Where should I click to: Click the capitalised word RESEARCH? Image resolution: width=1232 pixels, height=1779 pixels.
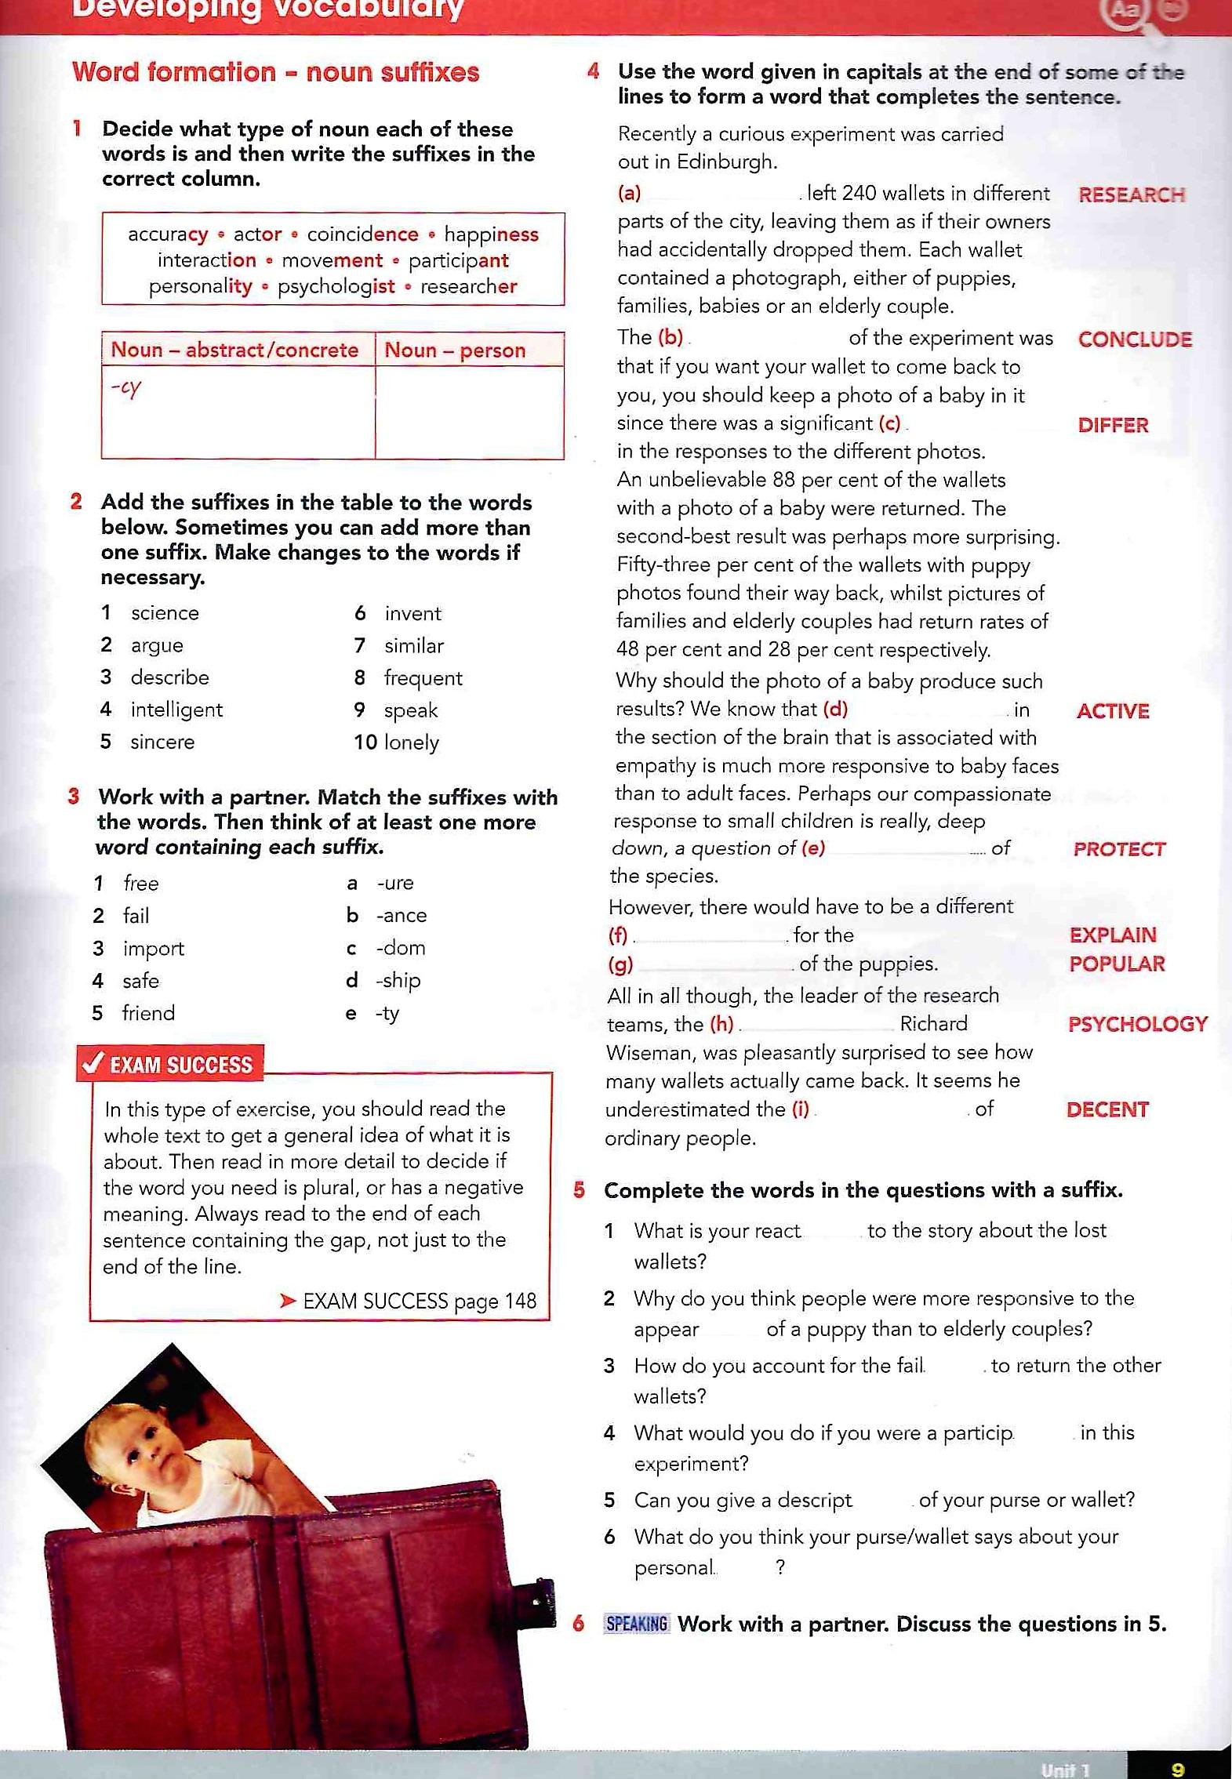pyautogui.click(x=1131, y=195)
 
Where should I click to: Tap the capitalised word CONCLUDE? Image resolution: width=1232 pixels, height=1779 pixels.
pyautogui.click(x=1134, y=339)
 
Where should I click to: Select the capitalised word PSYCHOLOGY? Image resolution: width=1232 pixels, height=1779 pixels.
pyautogui.click(x=1137, y=1024)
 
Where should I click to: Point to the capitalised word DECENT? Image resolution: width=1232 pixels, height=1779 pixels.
pyautogui.click(x=1107, y=1109)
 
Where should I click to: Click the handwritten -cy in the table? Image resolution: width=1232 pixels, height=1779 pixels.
pyautogui.click(x=125, y=389)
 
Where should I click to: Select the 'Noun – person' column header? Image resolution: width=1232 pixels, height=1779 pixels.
pyautogui.click(x=455, y=350)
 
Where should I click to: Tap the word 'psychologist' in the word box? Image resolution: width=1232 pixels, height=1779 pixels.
pyautogui.click(x=336, y=287)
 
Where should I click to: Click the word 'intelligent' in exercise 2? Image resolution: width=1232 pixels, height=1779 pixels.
pyautogui.click(x=176, y=710)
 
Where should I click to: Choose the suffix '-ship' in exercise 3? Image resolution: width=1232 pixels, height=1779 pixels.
pyautogui.click(x=398, y=981)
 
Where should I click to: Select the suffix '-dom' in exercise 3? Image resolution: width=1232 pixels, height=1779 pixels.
pyautogui.click(x=401, y=948)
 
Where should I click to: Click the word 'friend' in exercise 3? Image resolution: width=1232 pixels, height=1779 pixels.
pyautogui.click(x=148, y=1014)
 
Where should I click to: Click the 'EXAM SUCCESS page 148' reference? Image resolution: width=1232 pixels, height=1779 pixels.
pyautogui.click(x=419, y=1302)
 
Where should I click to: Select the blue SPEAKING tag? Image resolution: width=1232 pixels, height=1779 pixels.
pyautogui.click(x=637, y=1624)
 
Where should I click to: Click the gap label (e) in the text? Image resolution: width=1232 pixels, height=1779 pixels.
pyautogui.click(x=812, y=848)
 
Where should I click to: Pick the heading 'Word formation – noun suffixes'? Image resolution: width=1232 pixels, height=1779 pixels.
pyautogui.click(x=275, y=72)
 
